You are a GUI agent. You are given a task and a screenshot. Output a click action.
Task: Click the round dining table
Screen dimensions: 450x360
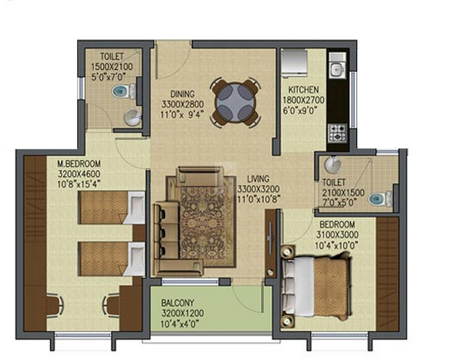pos(236,103)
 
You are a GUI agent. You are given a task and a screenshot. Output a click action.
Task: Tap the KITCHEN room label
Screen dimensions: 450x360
pos(304,89)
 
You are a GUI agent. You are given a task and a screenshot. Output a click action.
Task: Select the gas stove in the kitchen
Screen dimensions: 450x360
pos(338,133)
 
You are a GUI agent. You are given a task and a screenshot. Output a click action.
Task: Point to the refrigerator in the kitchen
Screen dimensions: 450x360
pos(294,63)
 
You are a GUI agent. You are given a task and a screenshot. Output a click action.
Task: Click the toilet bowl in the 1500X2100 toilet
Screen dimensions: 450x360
pos(124,91)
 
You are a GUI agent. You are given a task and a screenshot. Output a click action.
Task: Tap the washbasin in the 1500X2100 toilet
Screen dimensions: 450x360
pos(133,118)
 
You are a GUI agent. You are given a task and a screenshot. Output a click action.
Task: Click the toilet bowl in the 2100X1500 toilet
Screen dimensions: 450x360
pos(380,199)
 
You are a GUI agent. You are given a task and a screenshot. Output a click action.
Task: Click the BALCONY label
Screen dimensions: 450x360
pos(178,303)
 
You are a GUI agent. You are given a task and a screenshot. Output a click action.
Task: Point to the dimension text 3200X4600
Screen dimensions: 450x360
pos(79,174)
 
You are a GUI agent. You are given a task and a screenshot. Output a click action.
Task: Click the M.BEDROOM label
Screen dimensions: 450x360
pos(79,164)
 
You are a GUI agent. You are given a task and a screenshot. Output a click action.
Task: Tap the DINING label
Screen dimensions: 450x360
pos(182,94)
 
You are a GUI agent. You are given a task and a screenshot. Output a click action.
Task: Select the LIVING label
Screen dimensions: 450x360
pos(258,179)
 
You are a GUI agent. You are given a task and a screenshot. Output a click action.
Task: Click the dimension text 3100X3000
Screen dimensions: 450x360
pos(337,235)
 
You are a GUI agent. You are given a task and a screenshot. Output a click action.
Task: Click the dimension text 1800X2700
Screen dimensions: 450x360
pos(304,100)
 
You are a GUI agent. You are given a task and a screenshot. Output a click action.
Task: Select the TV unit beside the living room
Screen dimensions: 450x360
pos(271,244)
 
